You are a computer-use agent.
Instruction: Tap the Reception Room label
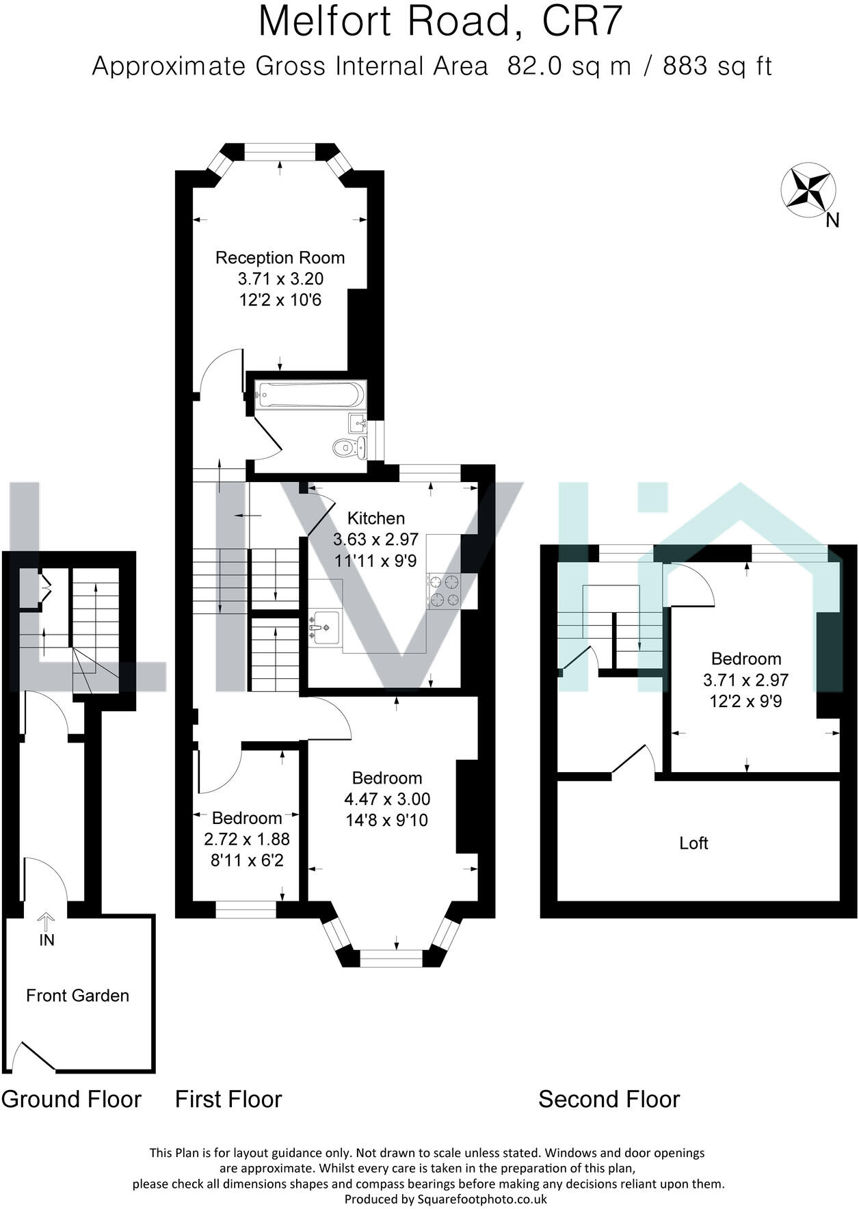tap(280, 258)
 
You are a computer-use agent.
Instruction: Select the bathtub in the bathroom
tap(310, 395)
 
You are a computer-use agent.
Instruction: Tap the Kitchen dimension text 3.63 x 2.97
tap(375, 540)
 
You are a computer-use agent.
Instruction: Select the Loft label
tap(693, 843)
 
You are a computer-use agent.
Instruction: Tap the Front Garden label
tap(77, 996)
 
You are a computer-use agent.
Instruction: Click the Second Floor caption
tap(609, 1100)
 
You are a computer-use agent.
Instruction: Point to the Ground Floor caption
tap(71, 1100)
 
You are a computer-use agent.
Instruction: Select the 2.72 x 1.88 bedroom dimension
tap(246, 839)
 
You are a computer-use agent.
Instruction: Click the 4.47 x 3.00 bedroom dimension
tap(387, 799)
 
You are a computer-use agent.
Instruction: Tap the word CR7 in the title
tap(581, 22)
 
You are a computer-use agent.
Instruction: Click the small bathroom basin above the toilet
tap(357, 423)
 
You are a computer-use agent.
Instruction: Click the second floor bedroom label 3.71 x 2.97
tap(745, 680)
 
